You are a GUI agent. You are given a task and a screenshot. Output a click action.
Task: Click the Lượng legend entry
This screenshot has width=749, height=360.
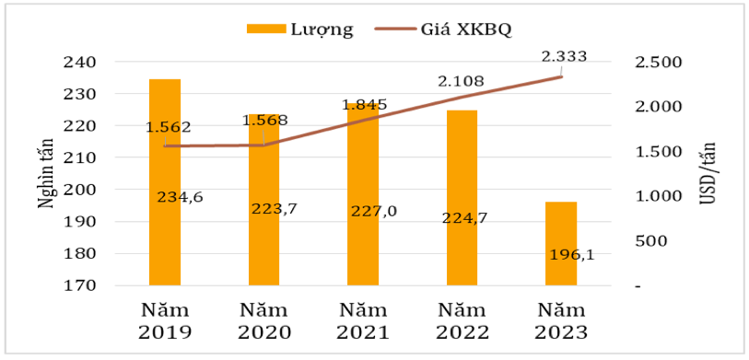(300, 29)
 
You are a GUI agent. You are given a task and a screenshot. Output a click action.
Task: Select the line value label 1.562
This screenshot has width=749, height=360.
(168, 127)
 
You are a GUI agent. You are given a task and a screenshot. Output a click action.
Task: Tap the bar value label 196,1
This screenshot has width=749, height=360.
(562, 253)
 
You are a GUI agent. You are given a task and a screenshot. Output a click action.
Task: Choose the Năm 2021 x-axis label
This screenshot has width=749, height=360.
(363, 321)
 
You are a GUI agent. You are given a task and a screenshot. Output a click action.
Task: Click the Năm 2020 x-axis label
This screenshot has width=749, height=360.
(264, 321)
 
